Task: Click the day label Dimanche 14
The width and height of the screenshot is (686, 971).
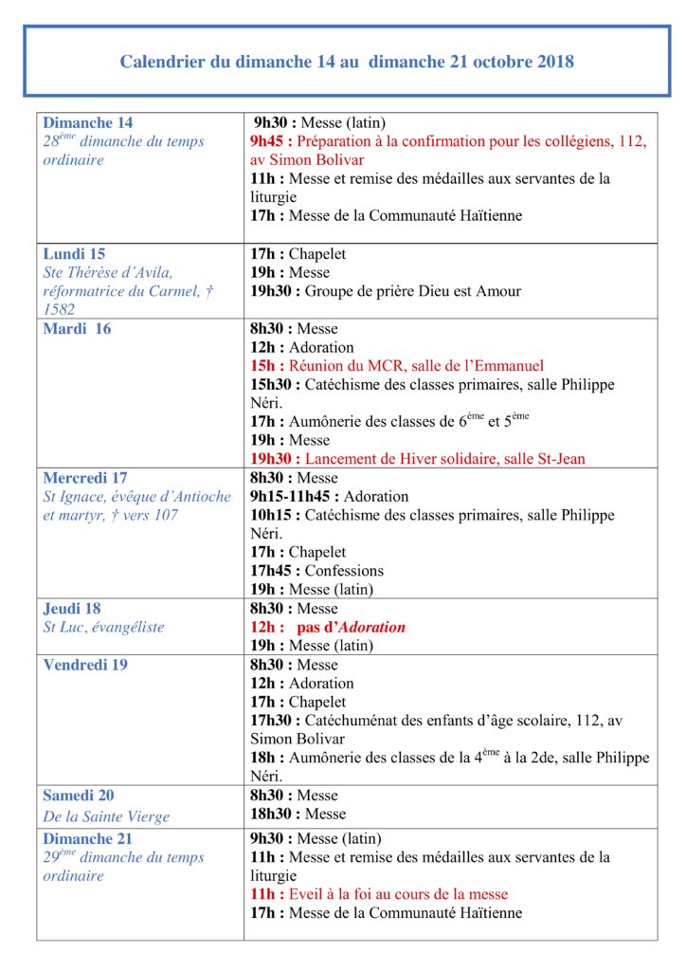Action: click(88, 123)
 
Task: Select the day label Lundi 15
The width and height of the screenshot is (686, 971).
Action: click(74, 254)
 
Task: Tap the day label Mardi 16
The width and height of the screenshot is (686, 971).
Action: click(77, 329)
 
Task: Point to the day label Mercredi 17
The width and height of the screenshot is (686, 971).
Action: click(85, 478)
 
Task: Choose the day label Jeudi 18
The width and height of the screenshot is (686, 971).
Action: click(72, 609)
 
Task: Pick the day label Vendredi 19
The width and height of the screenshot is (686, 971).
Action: click(85, 665)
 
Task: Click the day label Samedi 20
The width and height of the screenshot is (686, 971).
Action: click(79, 796)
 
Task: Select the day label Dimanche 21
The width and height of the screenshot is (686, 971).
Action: click(88, 839)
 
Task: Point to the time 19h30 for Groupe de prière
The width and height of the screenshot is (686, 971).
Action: click(272, 291)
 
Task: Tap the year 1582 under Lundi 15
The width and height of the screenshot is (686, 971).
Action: click(59, 309)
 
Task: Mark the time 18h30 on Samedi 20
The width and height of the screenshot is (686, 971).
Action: click(272, 814)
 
